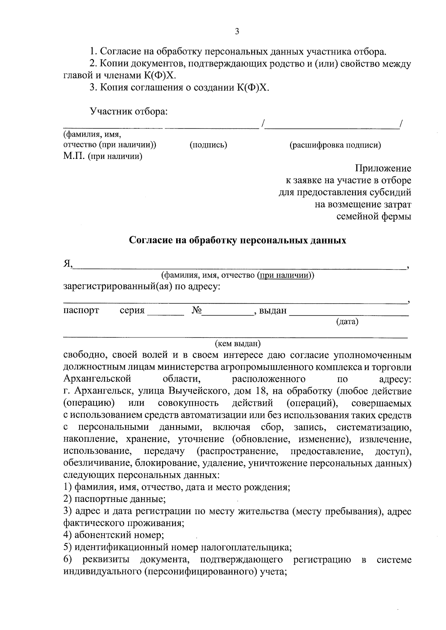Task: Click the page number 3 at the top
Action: pos(237,32)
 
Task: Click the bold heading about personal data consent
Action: pos(237,241)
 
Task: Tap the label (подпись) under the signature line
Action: pos(208,145)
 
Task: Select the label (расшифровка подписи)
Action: pos(335,145)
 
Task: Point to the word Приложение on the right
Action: pos(383,169)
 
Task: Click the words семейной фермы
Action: pos(374,216)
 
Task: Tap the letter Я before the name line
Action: pos(67,264)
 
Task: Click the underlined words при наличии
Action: pos(284,275)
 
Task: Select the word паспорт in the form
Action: pos(81,310)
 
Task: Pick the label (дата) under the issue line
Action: pos(347,322)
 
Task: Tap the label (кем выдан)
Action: pos(238,343)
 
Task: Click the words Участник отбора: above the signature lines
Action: pos(129,111)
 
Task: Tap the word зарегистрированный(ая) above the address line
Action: pos(117,287)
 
